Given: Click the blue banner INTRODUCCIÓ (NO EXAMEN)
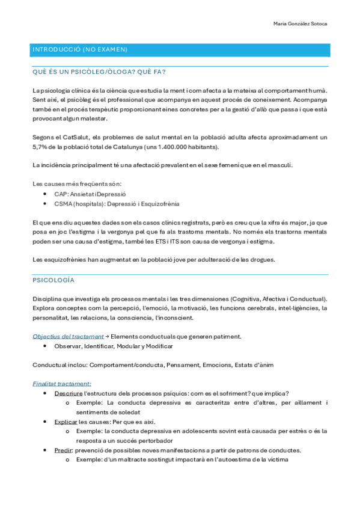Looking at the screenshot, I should click(80, 49).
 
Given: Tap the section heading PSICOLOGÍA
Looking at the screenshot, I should click(53, 280).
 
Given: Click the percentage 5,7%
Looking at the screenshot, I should click(41, 147).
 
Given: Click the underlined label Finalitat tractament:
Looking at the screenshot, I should click(61, 382).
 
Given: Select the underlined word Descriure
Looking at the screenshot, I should click(69, 393).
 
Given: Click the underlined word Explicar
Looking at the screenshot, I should click(66, 422).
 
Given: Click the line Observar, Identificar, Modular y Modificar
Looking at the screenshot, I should click(113, 346).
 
